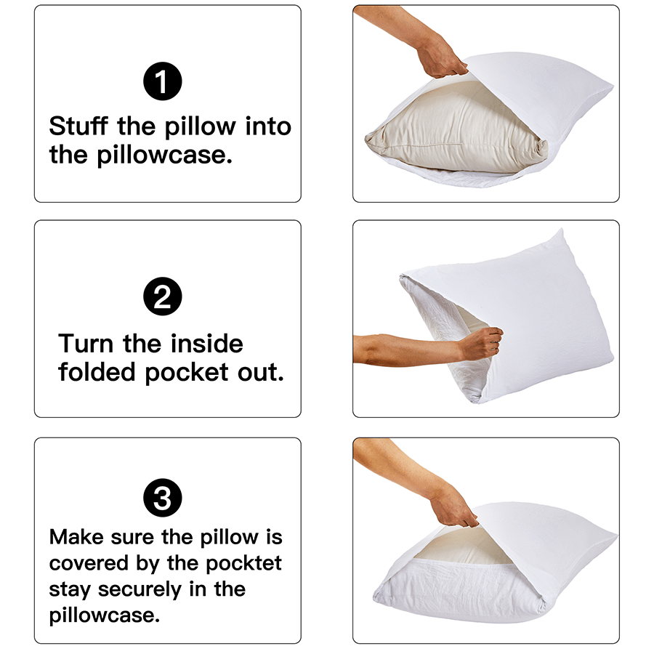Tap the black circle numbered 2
click(163, 297)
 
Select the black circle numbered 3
click(163, 498)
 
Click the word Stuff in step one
click(79, 126)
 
